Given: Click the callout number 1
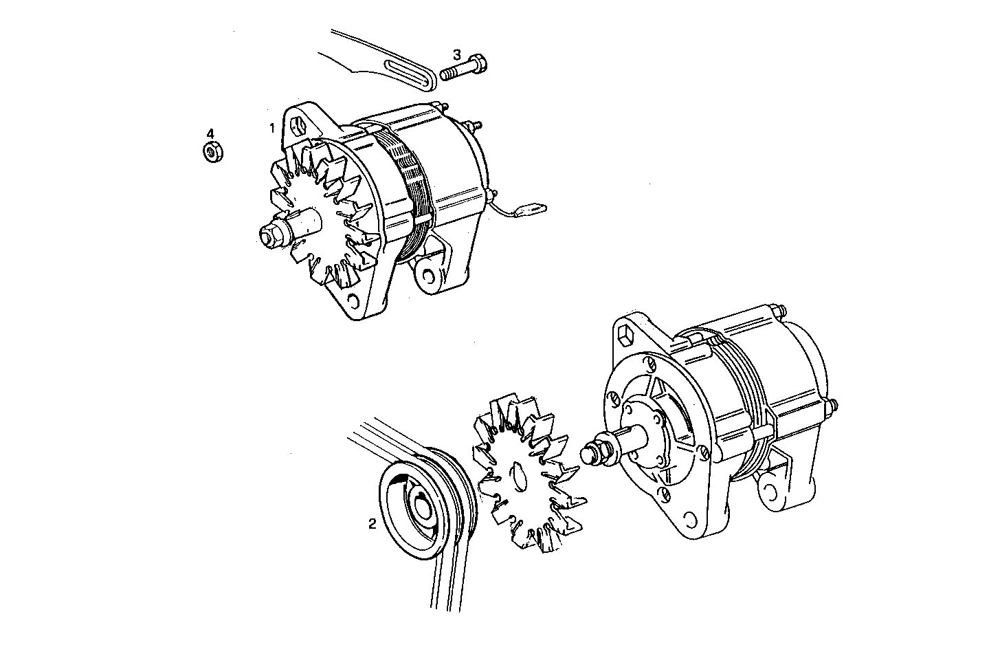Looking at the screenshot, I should pyautogui.click(x=272, y=128).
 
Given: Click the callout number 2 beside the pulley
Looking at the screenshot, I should pyautogui.click(x=372, y=524).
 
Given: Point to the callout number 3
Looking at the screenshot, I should pyautogui.click(x=456, y=54).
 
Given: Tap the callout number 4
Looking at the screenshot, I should pyautogui.click(x=211, y=133).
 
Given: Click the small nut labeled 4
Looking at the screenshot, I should pyautogui.click(x=211, y=152).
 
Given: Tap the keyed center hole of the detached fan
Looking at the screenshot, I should pyautogui.click(x=518, y=476).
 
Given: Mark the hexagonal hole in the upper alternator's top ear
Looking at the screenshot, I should pyautogui.click(x=296, y=127).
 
